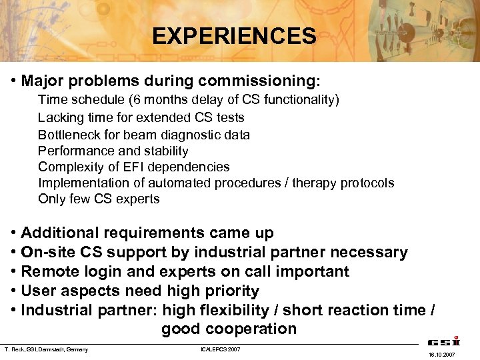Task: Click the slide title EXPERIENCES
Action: point(234,35)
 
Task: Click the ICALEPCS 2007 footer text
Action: point(220,349)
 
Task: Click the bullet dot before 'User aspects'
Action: point(14,291)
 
